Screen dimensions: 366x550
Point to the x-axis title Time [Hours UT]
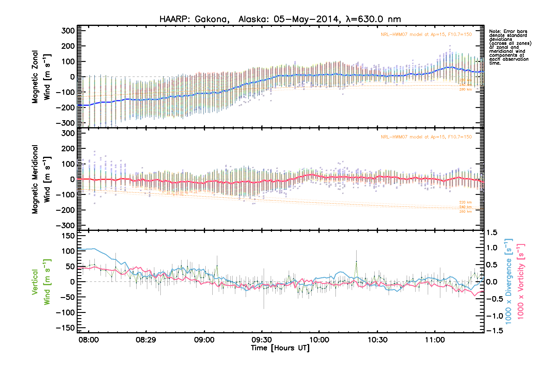(x=280, y=348)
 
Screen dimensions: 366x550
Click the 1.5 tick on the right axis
(x=491, y=233)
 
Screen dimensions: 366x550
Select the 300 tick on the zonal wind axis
(x=68, y=30)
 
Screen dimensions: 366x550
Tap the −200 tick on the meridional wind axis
(x=66, y=210)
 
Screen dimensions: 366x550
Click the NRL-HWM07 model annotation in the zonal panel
(x=426, y=34)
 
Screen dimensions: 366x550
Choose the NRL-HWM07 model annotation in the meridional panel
(x=426, y=137)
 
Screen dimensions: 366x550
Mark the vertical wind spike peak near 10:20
(x=356, y=262)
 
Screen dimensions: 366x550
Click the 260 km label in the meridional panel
(x=465, y=212)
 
